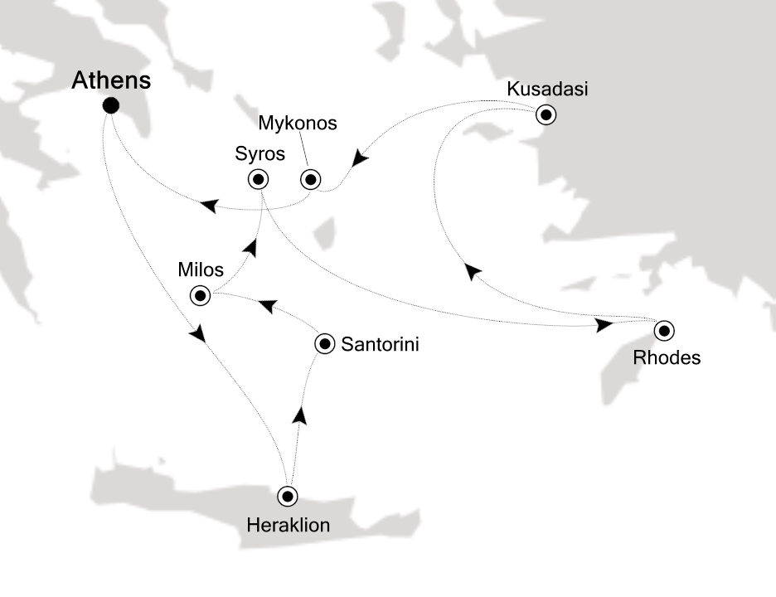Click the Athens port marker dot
pyautogui.click(x=109, y=105)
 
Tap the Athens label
pyautogui.click(x=112, y=80)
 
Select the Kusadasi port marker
pyautogui.click(x=546, y=114)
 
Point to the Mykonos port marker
pyautogui.click(x=310, y=178)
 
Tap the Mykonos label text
pyautogui.click(x=298, y=124)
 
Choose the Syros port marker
pyautogui.click(x=259, y=178)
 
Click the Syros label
pyautogui.click(x=259, y=154)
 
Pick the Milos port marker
pyautogui.click(x=200, y=294)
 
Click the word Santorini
pyautogui.click(x=381, y=343)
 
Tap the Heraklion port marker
pyautogui.click(x=288, y=496)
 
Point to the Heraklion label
pyautogui.click(x=288, y=525)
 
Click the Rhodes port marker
pyautogui.click(x=663, y=331)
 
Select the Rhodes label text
pyautogui.click(x=667, y=359)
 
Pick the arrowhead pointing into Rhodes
pyautogui.click(x=604, y=323)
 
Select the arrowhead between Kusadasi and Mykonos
pyautogui.click(x=359, y=157)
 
